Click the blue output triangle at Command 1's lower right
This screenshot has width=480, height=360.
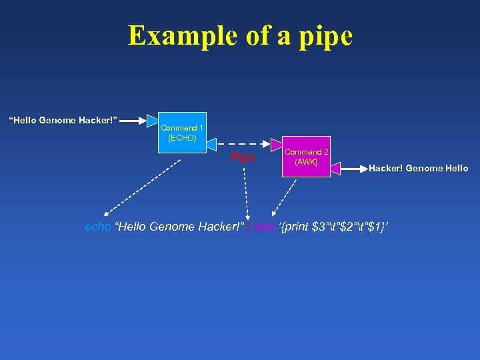click(211, 143)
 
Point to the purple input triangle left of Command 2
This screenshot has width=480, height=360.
click(277, 144)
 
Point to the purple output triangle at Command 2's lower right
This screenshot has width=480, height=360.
click(335, 168)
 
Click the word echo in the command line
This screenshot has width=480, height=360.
click(98, 227)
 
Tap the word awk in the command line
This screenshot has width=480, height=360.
click(264, 227)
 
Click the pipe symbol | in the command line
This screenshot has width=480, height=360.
click(249, 227)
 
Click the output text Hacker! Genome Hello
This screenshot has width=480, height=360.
click(419, 169)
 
